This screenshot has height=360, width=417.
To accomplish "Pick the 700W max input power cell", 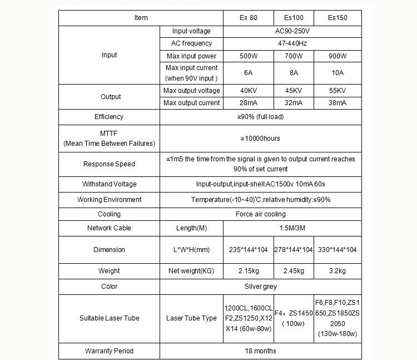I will pos(294,56).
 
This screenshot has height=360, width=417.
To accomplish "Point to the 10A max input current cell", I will pos(337,72).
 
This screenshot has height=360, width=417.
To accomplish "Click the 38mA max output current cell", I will pos(337,103).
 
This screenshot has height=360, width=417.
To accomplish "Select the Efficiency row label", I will pos(109,117).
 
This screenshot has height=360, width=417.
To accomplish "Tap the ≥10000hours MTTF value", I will pos(260,138).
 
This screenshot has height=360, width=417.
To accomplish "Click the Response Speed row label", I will pos(109,164).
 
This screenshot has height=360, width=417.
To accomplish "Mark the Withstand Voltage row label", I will pos(109,184).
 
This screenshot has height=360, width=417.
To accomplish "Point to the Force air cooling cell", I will pos(260,214).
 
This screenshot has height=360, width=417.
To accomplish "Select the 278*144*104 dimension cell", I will pos(294,250).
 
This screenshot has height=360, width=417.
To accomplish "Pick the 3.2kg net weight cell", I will pos(337,271).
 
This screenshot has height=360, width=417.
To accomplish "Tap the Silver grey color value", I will pos(260,287).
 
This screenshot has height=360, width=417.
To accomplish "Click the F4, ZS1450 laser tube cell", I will pos(294,318).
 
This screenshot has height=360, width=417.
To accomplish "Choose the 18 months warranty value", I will pos(260,351).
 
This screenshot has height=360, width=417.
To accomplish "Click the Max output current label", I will pos(192,103).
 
